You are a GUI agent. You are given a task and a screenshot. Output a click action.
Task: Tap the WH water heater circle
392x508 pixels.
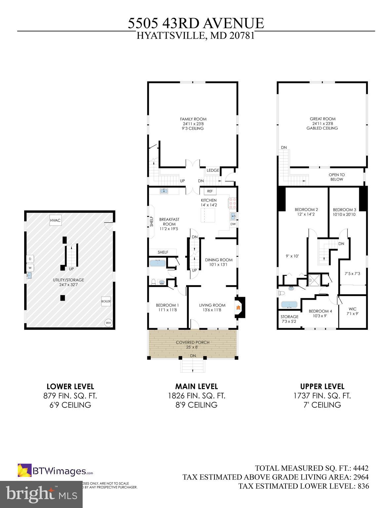[x=108, y=323]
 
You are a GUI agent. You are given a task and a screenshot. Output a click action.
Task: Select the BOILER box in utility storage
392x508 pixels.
[x=106, y=301]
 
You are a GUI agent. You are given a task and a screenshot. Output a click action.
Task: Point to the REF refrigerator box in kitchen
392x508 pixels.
[x=210, y=191]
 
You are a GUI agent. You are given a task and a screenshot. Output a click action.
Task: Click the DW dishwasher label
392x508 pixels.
[x=233, y=224]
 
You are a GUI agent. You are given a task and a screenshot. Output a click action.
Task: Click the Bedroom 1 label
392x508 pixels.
[x=167, y=305]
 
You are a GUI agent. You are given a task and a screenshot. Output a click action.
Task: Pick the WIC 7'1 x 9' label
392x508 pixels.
[x=353, y=312]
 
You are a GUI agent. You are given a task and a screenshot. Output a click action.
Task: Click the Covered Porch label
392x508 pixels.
[x=192, y=342]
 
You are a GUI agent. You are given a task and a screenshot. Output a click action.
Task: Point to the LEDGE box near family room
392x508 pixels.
[x=213, y=170]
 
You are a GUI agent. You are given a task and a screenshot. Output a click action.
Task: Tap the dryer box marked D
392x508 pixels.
[x=30, y=259]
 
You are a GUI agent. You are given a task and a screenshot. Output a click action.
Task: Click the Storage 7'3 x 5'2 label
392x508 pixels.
[x=290, y=319]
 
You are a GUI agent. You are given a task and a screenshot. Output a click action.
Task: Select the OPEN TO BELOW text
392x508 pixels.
[x=336, y=177]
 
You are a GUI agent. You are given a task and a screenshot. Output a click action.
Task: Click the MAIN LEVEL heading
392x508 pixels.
[x=196, y=386]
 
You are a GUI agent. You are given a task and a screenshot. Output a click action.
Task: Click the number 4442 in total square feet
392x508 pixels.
[x=361, y=468]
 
